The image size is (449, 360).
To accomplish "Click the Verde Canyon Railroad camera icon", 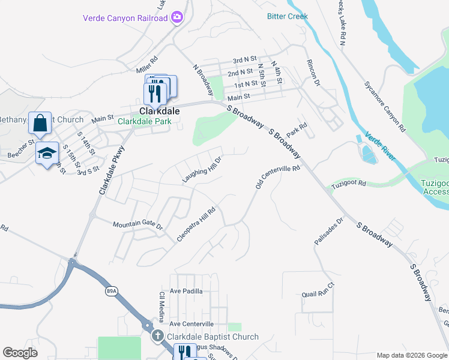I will [176, 18].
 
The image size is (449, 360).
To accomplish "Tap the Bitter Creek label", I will [287, 16].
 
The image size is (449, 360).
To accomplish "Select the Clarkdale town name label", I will [159, 111].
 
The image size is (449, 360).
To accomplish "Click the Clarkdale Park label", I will [144, 121].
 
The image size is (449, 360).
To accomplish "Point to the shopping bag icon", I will [40, 124].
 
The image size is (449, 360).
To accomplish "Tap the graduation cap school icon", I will [47, 154].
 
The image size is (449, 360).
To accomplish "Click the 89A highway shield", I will [111, 291].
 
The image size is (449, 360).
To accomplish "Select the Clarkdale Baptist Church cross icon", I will [157, 337].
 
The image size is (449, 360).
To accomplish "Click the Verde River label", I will [380, 146].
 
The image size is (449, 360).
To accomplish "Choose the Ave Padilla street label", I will [186, 290].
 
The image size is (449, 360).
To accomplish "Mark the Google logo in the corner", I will [20, 353].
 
